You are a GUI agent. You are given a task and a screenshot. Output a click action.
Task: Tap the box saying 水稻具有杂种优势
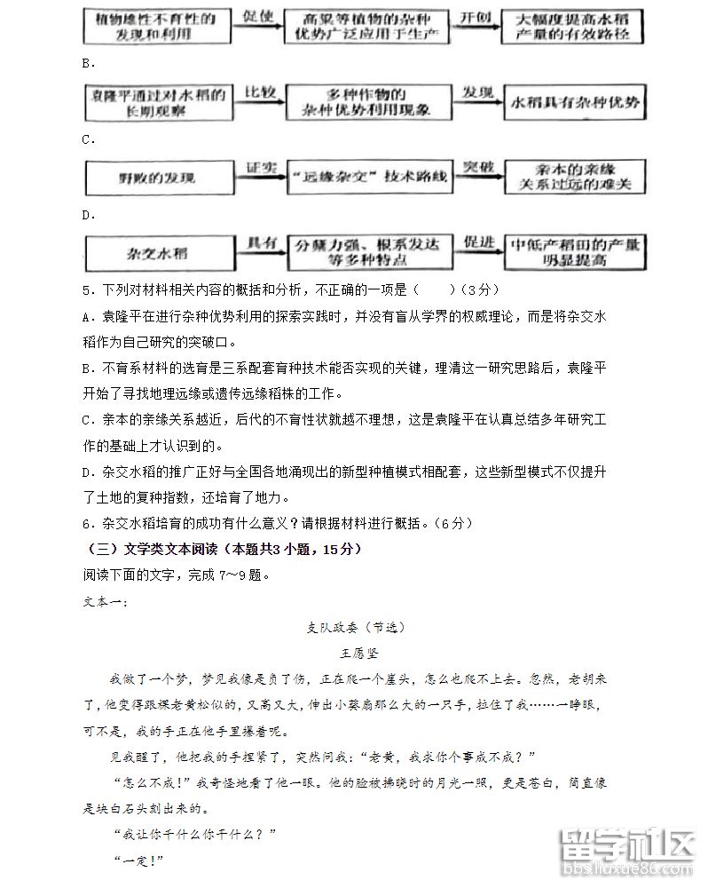click(574, 102)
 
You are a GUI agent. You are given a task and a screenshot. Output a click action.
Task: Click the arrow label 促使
click(258, 16)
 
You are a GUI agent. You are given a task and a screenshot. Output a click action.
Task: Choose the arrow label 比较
click(258, 91)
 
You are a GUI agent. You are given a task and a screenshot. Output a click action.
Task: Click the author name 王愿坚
click(354, 654)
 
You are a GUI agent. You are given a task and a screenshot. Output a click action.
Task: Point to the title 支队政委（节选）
click(354, 627)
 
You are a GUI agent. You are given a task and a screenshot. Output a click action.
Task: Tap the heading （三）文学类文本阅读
click(222, 551)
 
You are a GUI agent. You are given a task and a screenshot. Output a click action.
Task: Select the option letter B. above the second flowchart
click(88, 63)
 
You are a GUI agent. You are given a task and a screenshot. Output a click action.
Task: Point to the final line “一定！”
click(139, 860)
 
